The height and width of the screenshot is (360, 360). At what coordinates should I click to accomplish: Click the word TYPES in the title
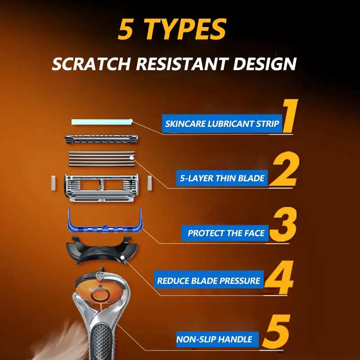coord(185,29)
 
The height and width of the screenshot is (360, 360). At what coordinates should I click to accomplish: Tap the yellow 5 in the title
coord(126,29)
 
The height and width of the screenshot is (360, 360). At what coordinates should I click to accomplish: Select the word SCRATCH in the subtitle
coord(91,63)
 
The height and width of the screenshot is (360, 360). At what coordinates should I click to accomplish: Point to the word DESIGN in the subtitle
coord(265,63)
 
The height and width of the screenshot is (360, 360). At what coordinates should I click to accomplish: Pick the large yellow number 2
coord(285,169)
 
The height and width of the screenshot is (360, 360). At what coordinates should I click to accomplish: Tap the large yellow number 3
coord(283,224)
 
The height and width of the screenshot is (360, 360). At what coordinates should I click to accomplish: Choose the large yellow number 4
coord(279,277)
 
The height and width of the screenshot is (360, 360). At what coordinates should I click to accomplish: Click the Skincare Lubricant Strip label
coord(222,124)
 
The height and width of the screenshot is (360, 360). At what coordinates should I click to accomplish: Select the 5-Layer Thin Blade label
coord(222,178)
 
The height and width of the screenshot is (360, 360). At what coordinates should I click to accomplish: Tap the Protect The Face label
coord(225,233)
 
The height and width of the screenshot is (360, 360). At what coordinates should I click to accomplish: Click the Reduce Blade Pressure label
coord(209,280)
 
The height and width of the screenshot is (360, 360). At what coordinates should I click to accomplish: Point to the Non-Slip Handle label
coord(217,339)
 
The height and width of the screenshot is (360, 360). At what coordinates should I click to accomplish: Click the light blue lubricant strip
coord(102,122)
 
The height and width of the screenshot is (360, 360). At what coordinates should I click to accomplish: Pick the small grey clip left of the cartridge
coord(53,183)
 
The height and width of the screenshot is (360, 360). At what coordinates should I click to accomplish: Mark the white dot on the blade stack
coord(131,158)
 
